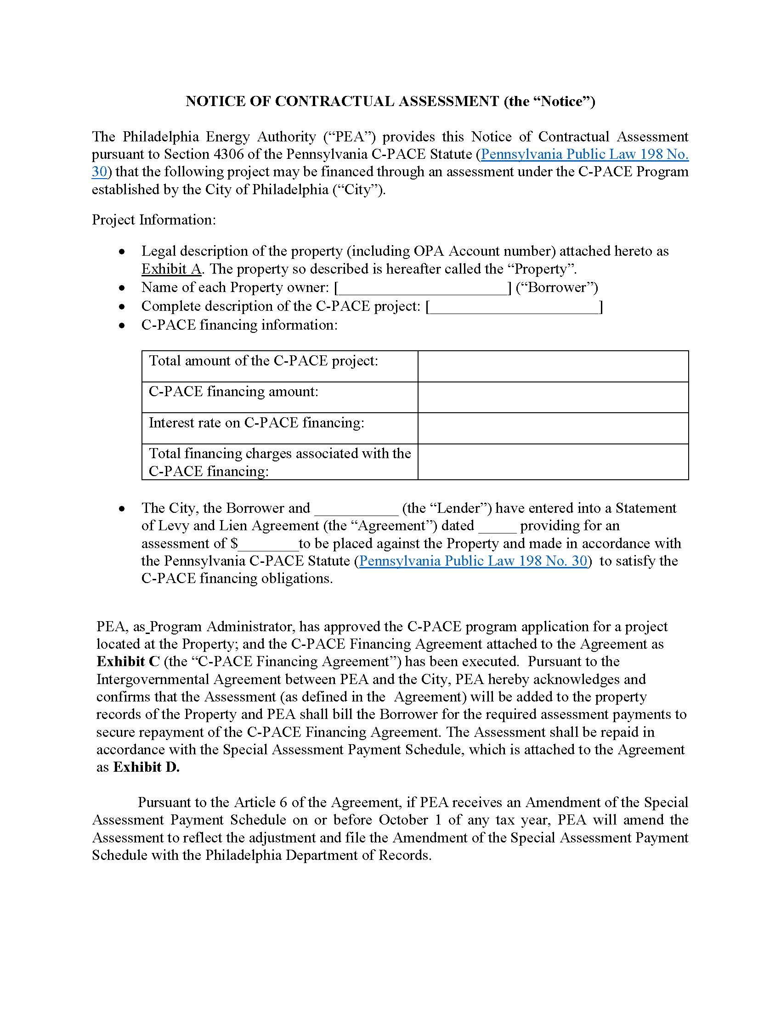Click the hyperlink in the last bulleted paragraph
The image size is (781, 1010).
tap(473, 561)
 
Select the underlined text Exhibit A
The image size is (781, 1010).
tap(171, 269)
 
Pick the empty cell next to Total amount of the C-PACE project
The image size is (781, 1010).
tap(553, 366)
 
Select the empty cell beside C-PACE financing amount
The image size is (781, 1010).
tap(553, 397)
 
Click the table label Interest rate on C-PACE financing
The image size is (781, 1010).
tap(256, 423)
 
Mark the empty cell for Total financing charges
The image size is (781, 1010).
tap(553, 462)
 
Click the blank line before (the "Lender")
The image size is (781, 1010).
tap(356, 509)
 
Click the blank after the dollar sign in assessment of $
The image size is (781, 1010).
tap(268, 544)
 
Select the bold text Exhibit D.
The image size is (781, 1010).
tap(146, 767)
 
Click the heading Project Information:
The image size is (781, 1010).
tap(153, 219)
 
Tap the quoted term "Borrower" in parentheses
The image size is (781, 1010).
tap(557, 288)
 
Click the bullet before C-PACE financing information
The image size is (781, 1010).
tap(122, 325)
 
